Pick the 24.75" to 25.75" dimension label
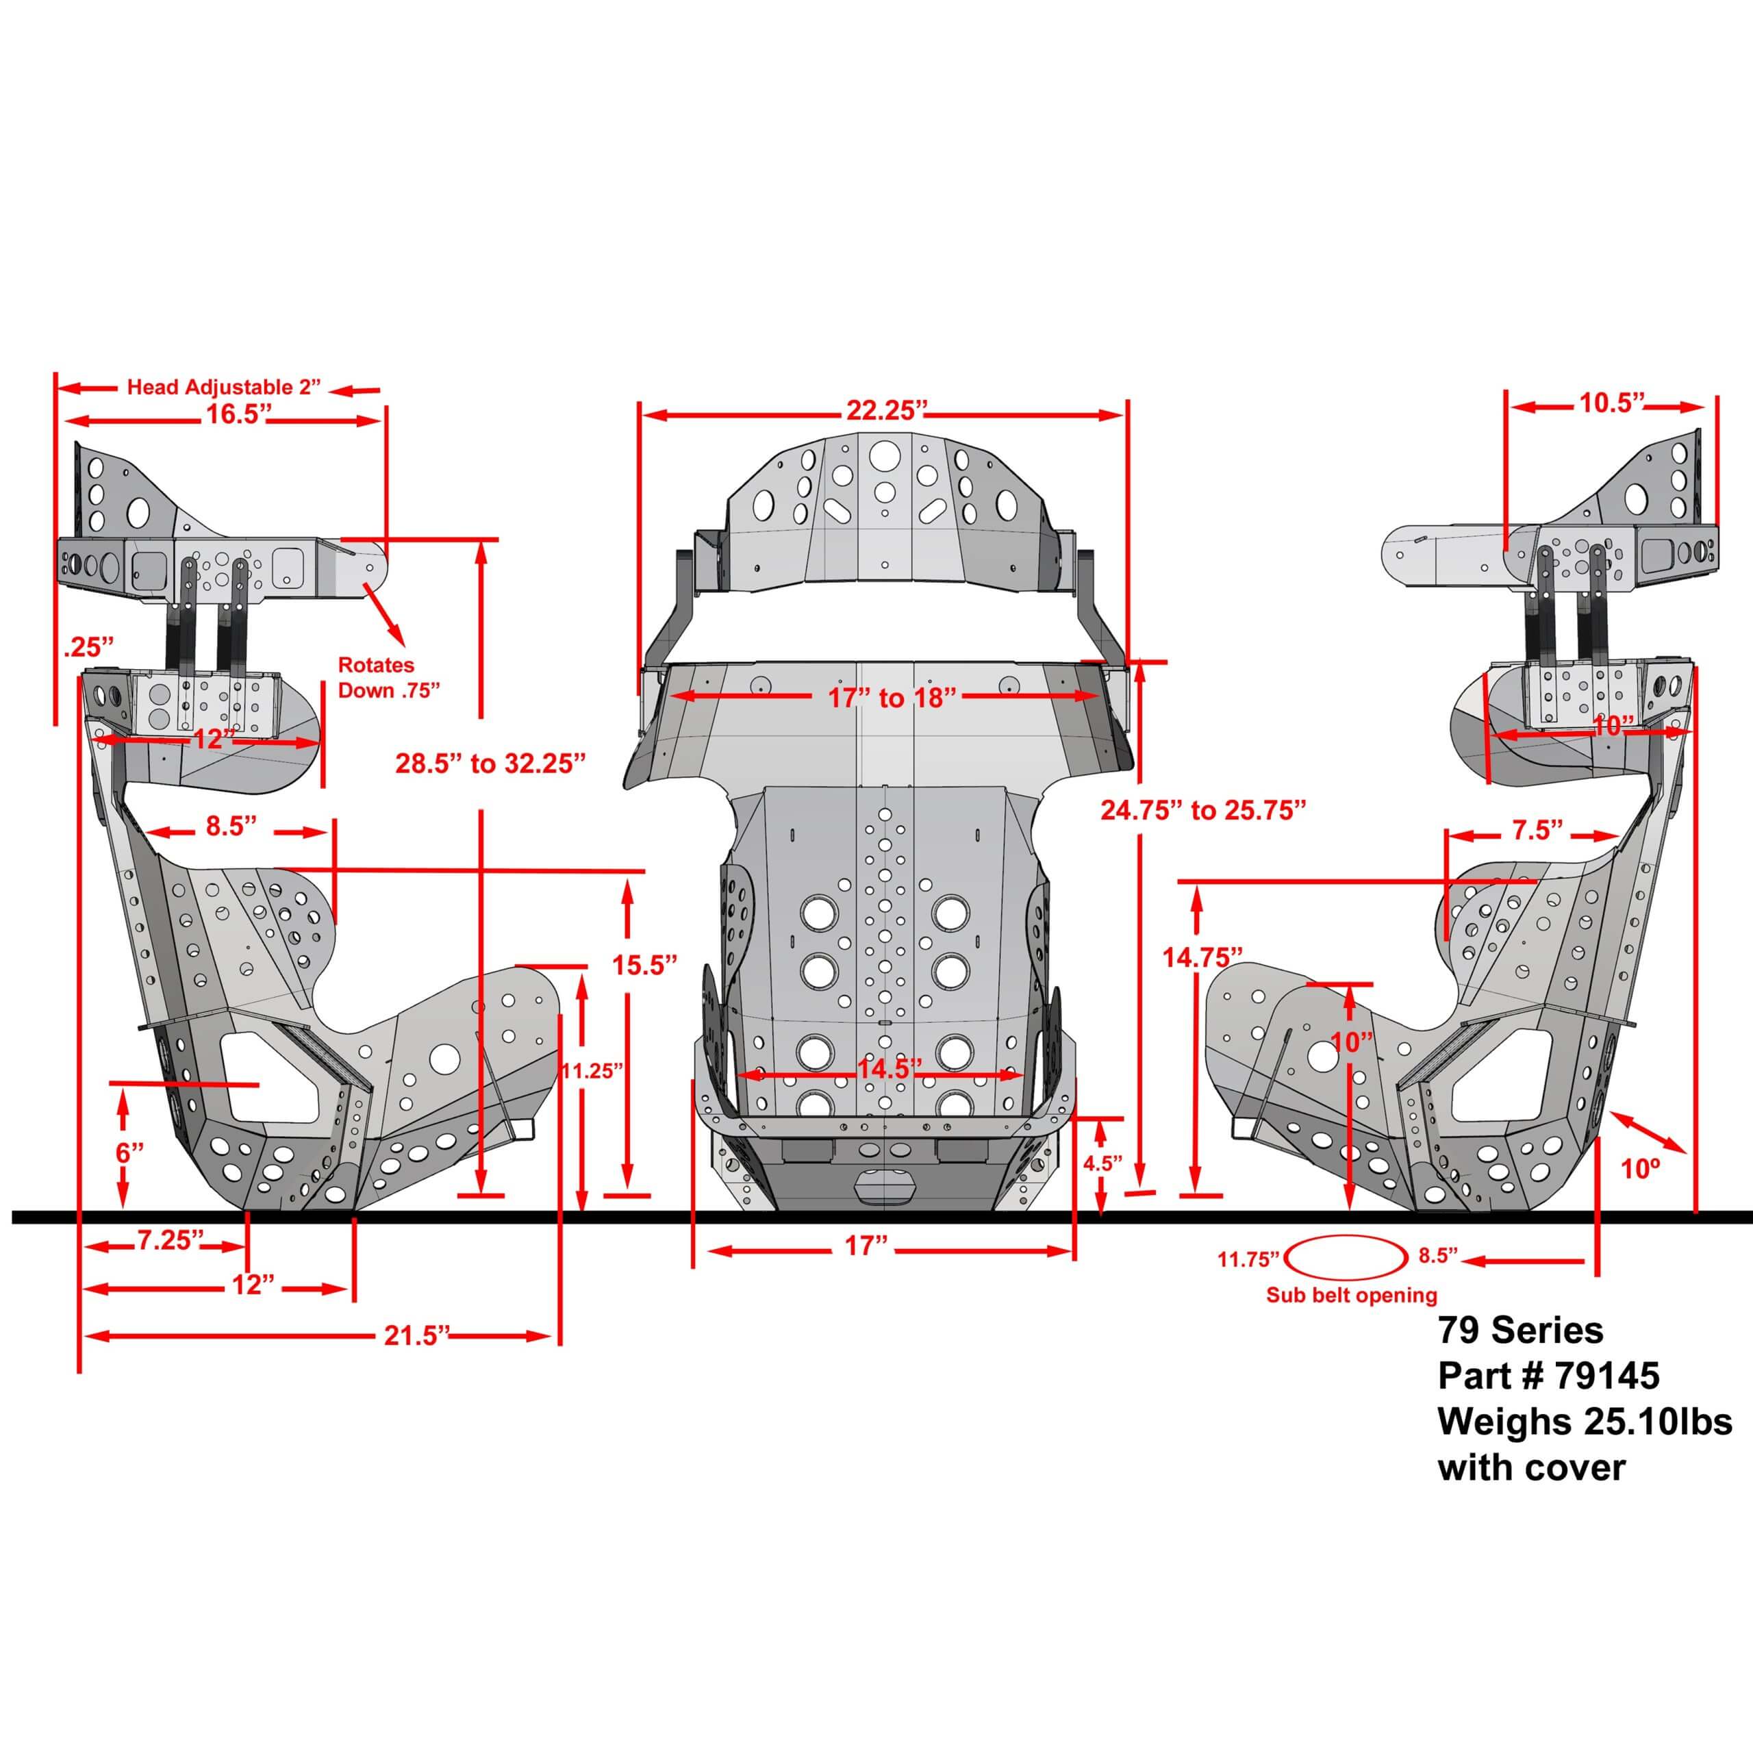coord(1203,810)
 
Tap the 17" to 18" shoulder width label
coord(892,698)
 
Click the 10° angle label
coord(1639,1169)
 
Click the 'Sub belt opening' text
coord(1352,1295)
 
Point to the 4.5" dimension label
coord(1102,1163)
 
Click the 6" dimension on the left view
coord(129,1153)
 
